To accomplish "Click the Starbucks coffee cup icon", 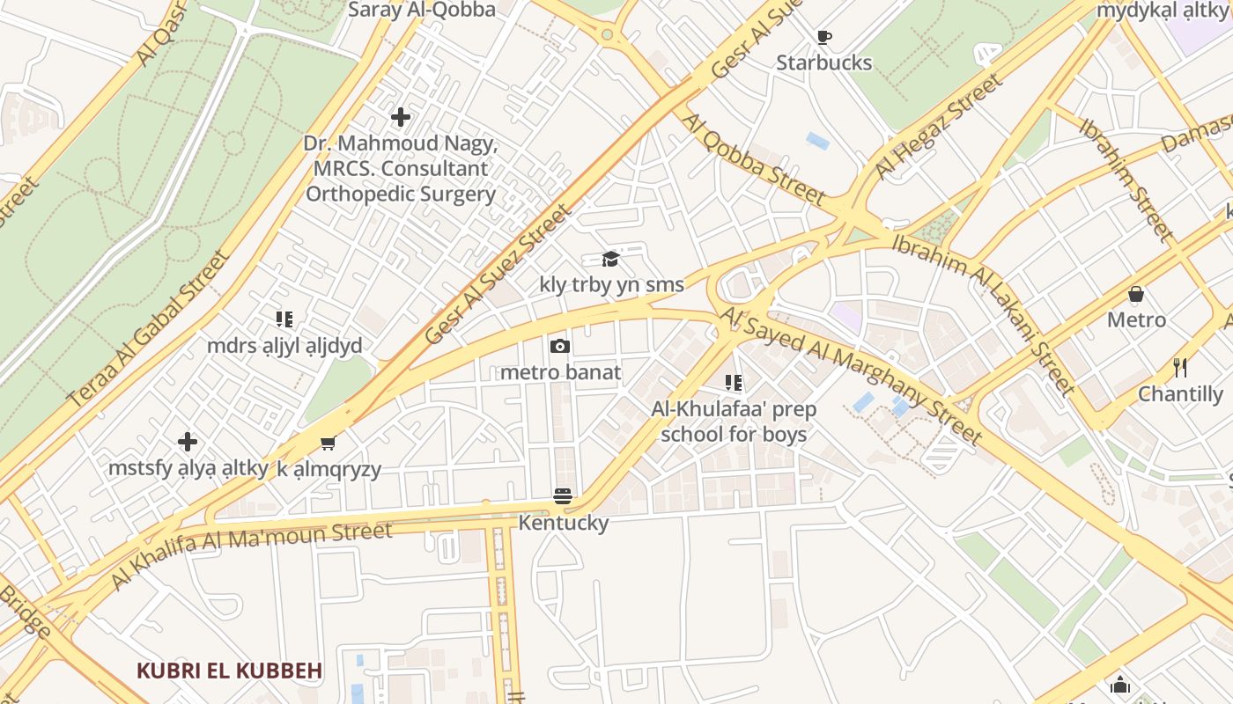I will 823,37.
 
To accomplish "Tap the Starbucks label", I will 823,62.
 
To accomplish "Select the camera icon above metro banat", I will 560,347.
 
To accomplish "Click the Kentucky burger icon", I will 563,496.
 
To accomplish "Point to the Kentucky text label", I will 563,523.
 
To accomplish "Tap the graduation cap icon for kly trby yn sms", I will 610,259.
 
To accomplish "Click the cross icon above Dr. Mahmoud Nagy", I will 401,116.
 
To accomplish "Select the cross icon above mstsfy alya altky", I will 187,442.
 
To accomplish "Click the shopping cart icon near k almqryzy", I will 328,443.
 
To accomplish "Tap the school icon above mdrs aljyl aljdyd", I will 284,319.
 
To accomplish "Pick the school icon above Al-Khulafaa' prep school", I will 733,383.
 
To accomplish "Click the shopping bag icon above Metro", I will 1136,294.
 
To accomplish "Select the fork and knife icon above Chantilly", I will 1180,367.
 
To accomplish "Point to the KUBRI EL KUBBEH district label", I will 229,671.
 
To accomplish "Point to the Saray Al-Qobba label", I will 422,10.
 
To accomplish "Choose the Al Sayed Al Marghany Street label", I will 851,375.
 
